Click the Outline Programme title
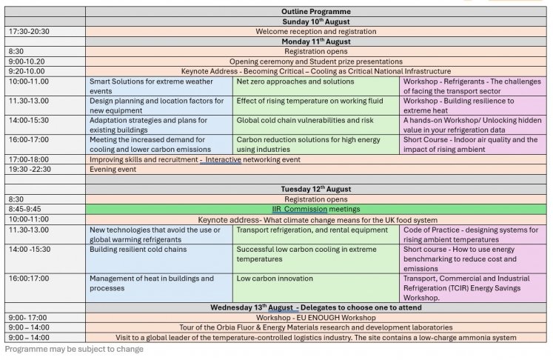click(315, 11)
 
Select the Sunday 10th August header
click(315, 21)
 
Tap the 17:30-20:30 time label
click(29, 31)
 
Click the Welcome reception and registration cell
click(315, 31)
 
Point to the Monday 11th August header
click(315, 41)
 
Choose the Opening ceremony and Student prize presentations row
click(315, 61)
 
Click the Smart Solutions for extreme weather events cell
click(158, 86)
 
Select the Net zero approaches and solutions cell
click(316, 86)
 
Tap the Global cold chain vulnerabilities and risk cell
click(316, 125)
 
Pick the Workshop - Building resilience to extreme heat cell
click(473, 105)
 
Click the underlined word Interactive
click(223, 159)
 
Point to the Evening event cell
click(315, 170)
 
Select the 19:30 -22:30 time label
click(30, 170)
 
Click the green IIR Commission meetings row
click(315, 209)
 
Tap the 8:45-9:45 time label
click(24, 209)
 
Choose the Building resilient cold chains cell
click(158, 259)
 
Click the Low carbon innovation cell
click(316, 287)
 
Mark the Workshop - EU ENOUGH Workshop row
click(315, 318)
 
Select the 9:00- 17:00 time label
click(27, 318)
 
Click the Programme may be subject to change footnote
click(74, 349)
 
